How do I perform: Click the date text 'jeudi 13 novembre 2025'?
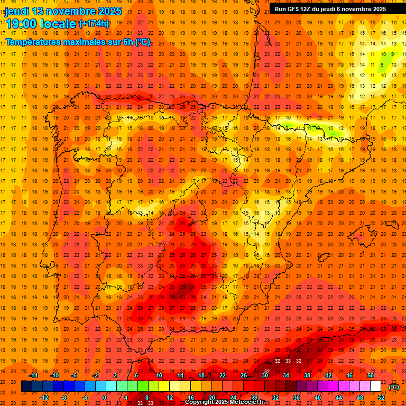(x=63, y=11)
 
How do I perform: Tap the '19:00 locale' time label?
(x=41, y=23)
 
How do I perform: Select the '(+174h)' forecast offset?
(x=94, y=23)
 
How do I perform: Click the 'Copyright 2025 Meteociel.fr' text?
(x=225, y=402)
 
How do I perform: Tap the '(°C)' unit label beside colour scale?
(x=394, y=387)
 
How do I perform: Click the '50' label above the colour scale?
(x=371, y=375)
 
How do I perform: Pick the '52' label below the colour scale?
(x=381, y=398)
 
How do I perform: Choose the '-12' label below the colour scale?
(x=44, y=398)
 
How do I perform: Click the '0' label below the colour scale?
(x=105, y=398)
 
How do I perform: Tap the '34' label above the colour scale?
(x=286, y=375)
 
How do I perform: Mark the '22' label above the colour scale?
(x=223, y=375)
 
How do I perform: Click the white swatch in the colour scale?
(x=375, y=386)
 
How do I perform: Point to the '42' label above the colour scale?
(x=328, y=375)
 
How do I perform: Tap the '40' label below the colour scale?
(x=318, y=398)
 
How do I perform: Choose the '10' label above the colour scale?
(x=159, y=375)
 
